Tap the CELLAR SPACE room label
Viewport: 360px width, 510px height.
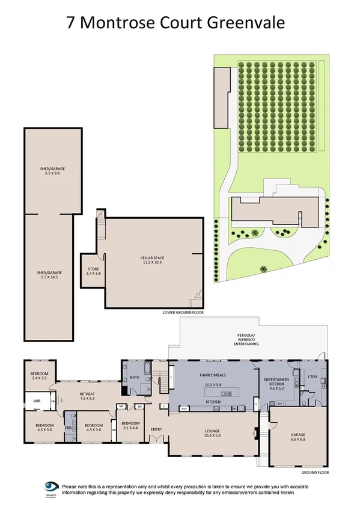tap(153, 258)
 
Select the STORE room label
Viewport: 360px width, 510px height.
tap(93, 268)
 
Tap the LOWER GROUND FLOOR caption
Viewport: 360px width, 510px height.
tap(183, 313)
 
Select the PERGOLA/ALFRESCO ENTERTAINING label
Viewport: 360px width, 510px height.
tap(247, 340)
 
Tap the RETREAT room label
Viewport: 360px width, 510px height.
tap(87, 394)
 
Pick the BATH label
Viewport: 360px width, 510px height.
tap(135, 378)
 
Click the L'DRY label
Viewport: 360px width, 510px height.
tap(313, 376)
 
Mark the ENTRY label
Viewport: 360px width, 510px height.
tap(156, 429)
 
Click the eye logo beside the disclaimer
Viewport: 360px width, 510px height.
tap(51, 487)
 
